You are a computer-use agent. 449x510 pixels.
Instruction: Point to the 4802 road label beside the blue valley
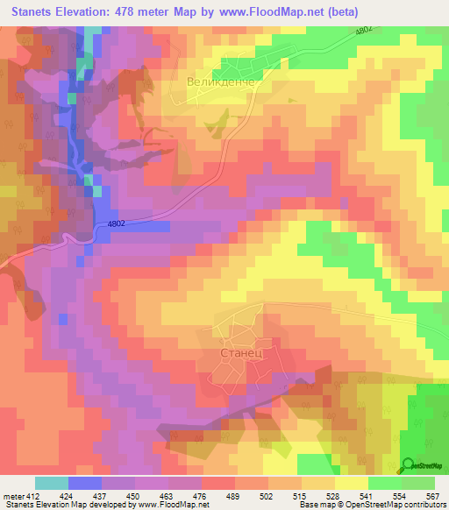pos(122,225)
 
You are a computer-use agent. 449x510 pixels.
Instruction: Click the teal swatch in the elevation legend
pos(52,483)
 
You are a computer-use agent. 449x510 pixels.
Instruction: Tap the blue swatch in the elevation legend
pos(85,483)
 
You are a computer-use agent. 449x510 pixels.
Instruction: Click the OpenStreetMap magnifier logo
pos(408,465)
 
